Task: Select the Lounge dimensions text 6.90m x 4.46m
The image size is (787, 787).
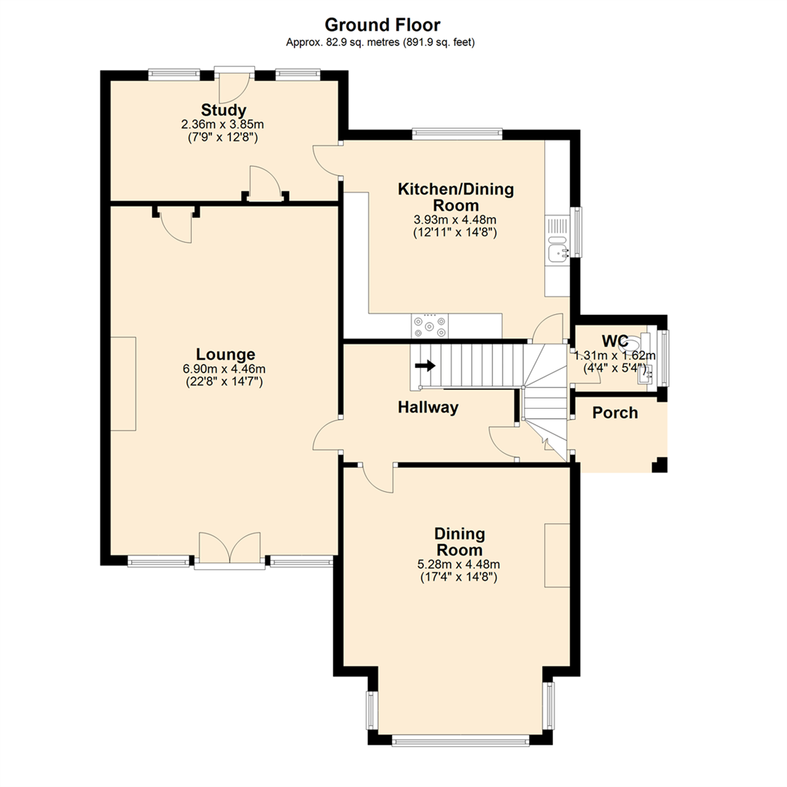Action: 224,368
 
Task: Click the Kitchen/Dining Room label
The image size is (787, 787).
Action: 455,197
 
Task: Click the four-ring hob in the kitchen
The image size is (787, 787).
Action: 430,326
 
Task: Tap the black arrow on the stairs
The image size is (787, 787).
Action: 426,365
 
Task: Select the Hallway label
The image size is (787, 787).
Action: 428,408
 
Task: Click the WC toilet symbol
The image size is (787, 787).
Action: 635,342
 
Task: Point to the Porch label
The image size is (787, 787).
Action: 614,413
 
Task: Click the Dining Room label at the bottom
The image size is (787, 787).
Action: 460,542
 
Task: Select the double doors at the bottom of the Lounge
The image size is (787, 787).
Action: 230,548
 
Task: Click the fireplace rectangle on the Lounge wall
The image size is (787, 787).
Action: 123,384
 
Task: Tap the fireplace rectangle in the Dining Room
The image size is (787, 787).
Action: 557,555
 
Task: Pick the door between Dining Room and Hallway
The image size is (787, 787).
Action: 377,478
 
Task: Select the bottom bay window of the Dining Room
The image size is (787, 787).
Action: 460,741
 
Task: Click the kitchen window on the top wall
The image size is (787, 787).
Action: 457,133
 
